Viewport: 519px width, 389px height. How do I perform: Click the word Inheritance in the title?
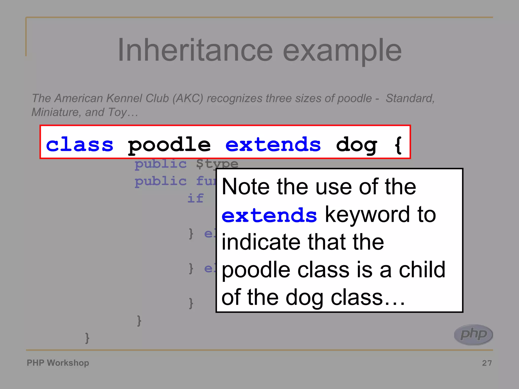(x=195, y=50)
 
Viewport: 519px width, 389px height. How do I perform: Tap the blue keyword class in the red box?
(x=80, y=145)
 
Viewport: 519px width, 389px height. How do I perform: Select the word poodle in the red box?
(x=169, y=145)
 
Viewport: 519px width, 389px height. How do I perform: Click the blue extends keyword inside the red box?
(x=273, y=145)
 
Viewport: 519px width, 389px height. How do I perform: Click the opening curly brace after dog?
(x=398, y=145)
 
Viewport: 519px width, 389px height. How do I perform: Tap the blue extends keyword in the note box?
(x=269, y=215)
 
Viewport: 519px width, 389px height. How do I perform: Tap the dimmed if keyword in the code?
(x=195, y=198)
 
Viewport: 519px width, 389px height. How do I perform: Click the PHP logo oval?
(x=473, y=334)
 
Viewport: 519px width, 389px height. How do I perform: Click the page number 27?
(x=487, y=363)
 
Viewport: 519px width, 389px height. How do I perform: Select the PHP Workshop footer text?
(x=58, y=363)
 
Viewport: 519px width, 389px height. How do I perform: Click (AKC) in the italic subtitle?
(x=188, y=98)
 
